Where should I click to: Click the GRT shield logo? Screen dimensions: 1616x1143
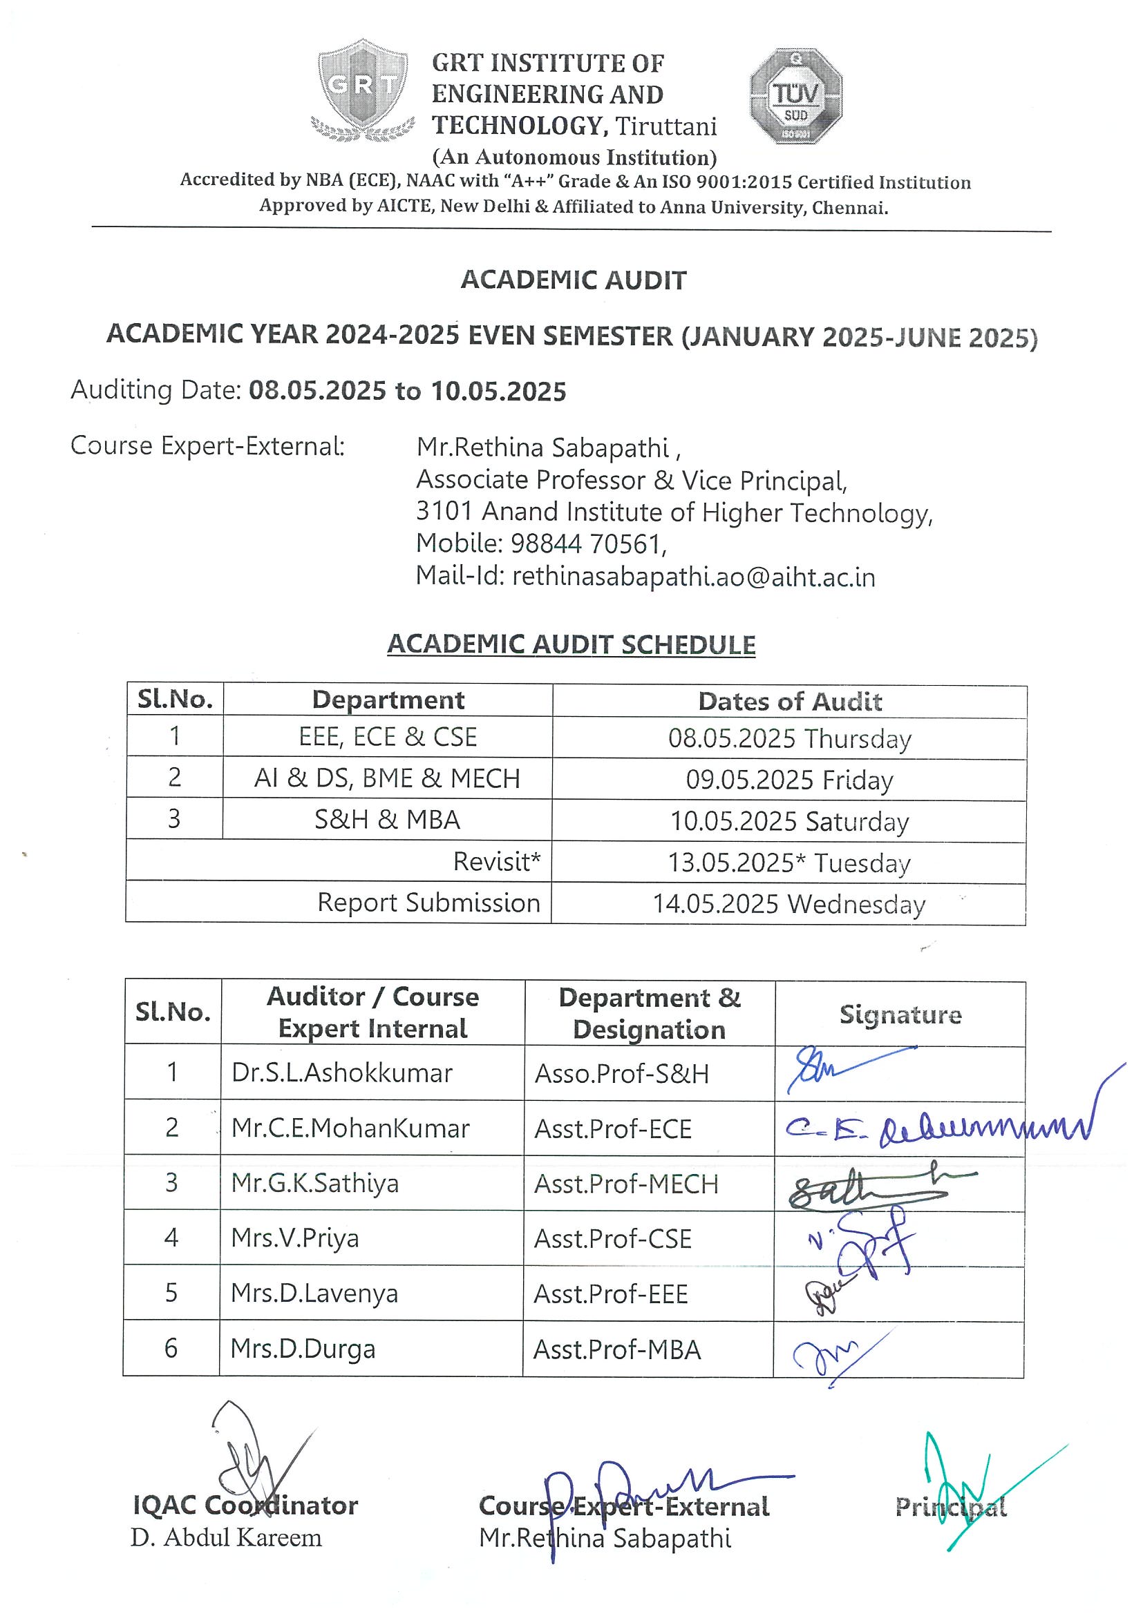362,88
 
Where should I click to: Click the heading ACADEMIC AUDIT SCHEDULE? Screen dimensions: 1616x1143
571,645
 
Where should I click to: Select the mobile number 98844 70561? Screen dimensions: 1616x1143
587,544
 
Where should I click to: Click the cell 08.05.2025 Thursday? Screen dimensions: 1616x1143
789,738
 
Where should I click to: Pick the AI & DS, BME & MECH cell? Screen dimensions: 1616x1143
388,778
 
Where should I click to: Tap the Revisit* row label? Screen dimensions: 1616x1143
496,861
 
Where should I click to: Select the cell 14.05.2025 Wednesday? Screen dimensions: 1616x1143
788,904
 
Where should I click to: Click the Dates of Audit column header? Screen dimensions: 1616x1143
789,701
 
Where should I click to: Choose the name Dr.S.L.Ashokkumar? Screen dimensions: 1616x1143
341,1072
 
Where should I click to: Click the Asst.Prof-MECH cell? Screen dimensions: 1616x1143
626,1184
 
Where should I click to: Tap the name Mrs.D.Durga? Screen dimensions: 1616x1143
303,1349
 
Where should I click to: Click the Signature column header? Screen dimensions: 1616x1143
900,1014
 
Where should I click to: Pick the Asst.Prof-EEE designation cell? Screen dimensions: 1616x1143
611,1293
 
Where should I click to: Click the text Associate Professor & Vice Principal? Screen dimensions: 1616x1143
631,480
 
